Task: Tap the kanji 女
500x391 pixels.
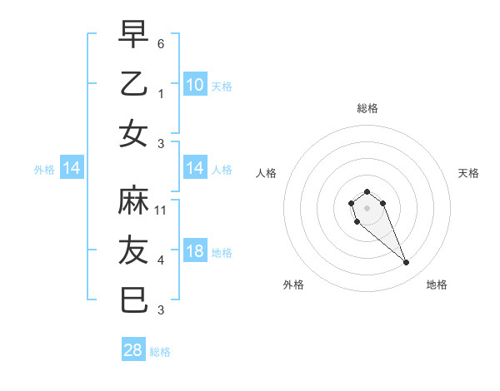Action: point(134,133)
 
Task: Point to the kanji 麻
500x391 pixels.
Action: point(134,200)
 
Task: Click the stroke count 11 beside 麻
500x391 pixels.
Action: point(162,210)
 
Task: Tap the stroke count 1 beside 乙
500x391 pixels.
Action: point(162,92)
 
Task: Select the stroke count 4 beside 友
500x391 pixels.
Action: point(162,260)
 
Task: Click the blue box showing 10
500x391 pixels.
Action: point(194,85)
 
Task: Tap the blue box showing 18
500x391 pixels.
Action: point(194,252)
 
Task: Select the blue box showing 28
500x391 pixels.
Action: point(133,350)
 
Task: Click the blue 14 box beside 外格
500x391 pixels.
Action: point(72,169)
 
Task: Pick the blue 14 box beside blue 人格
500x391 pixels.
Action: point(194,169)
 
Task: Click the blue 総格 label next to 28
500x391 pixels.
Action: point(160,352)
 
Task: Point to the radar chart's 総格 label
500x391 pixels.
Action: point(367,108)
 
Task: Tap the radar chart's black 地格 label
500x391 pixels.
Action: point(437,285)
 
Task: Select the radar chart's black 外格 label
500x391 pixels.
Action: point(293,285)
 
